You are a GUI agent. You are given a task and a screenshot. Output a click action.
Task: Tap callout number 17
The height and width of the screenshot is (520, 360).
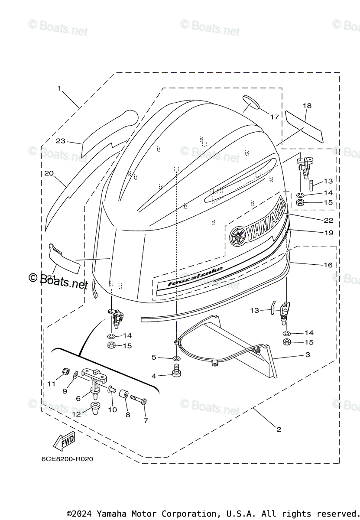[x=275, y=117]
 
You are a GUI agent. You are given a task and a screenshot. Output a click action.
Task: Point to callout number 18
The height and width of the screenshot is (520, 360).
[x=307, y=106]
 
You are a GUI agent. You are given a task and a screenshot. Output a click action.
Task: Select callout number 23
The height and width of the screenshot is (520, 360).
[x=60, y=141]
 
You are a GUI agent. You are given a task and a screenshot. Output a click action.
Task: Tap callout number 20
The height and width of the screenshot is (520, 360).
[x=49, y=173]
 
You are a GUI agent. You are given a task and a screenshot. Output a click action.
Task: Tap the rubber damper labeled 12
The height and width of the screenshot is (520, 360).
[x=95, y=407]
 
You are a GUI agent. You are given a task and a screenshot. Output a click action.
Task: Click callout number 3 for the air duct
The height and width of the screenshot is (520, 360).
[x=308, y=355]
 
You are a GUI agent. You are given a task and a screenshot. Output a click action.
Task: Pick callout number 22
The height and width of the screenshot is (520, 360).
[x=328, y=221]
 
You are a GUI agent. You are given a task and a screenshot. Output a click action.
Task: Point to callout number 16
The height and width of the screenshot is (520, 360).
[x=328, y=265]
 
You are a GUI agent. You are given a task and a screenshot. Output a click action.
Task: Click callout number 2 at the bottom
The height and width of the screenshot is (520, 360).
[x=279, y=429]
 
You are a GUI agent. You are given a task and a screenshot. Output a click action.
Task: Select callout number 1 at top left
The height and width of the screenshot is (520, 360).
[x=59, y=88]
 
